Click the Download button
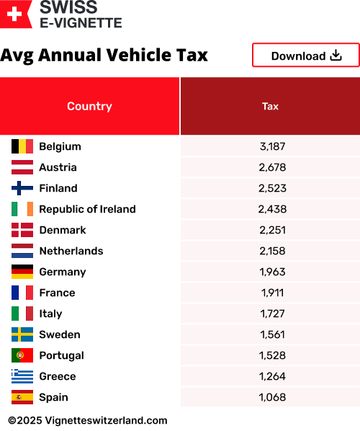click(x=305, y=55)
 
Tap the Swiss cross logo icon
click(x=16, y=14)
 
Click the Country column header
click(x=89, y=106)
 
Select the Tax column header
click(x=270, y=106)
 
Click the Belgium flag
click(x=22, y=146)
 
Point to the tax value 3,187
click(x=272, y=146)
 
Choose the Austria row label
click(x=58, y=167)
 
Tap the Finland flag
click(x=22, y=188)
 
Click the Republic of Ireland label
click(x=87, y=209)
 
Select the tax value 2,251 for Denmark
click(x=272, y=230)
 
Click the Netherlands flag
click(x=22, y=251)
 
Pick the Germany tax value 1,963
click(x=272, y=272)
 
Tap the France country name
click(x=57, y=293)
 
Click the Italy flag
click(x=22, y=314)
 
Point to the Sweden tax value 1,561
click(x=272, y=334)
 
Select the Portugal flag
click(x=22, y=355)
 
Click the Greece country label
click(x=57, y=376)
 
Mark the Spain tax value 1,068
click(x=272, y=397)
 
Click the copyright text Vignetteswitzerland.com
click(x=88, y=420)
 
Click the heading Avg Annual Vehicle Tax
click(x=104, y=55)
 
